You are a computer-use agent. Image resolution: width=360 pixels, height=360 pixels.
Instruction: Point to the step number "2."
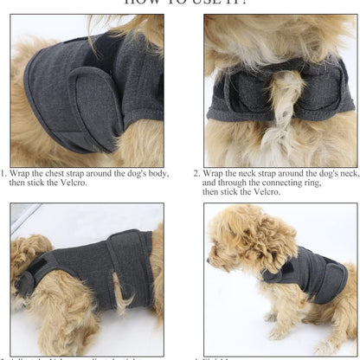(196, 173)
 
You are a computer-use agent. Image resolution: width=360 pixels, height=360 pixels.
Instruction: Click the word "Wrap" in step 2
(213, 173)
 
